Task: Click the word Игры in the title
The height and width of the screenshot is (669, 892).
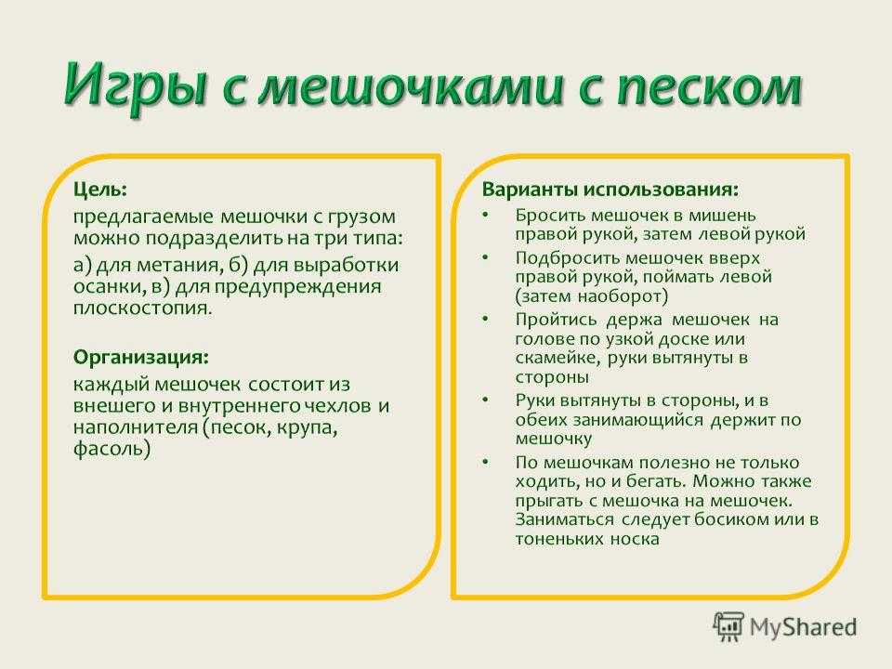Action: tap(135, 85)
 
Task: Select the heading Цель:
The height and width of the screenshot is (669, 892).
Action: tap(100, 190)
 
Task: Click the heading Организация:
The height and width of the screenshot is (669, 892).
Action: tap(141, 358)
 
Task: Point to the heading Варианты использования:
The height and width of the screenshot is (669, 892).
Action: tap(610, 189)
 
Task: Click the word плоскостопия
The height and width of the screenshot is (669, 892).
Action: tap(142, 308)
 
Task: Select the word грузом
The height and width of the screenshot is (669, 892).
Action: tap(361, 217)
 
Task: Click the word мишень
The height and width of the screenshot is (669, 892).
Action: tap(723, 216)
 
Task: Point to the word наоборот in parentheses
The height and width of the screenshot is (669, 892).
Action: tap(623, 296)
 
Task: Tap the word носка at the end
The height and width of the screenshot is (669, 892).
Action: tap(635, 539)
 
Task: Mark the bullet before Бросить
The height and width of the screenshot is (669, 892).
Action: tap(485, 216)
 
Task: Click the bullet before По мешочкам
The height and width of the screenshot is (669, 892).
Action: tap(485, 463)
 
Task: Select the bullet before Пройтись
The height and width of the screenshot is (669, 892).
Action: tap(485, 320)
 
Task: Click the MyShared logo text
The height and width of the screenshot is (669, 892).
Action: tap(803, 627)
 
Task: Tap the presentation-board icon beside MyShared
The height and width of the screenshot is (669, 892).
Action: tap(728, 626)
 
